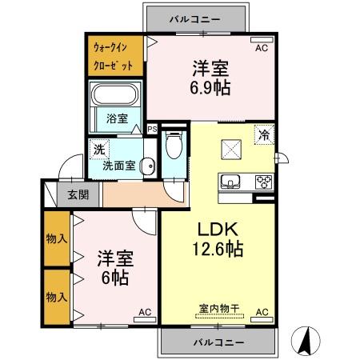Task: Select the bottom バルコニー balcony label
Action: (218, 342)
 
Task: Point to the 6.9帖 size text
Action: (211, 86)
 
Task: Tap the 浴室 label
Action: (117, 118)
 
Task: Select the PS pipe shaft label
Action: (153, 128)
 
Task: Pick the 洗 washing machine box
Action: (98, 149)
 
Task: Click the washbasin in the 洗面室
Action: (146, 166)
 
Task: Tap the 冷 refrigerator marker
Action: (262, 135)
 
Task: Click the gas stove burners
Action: (263, 181)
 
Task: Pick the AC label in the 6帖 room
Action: (145, 311)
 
